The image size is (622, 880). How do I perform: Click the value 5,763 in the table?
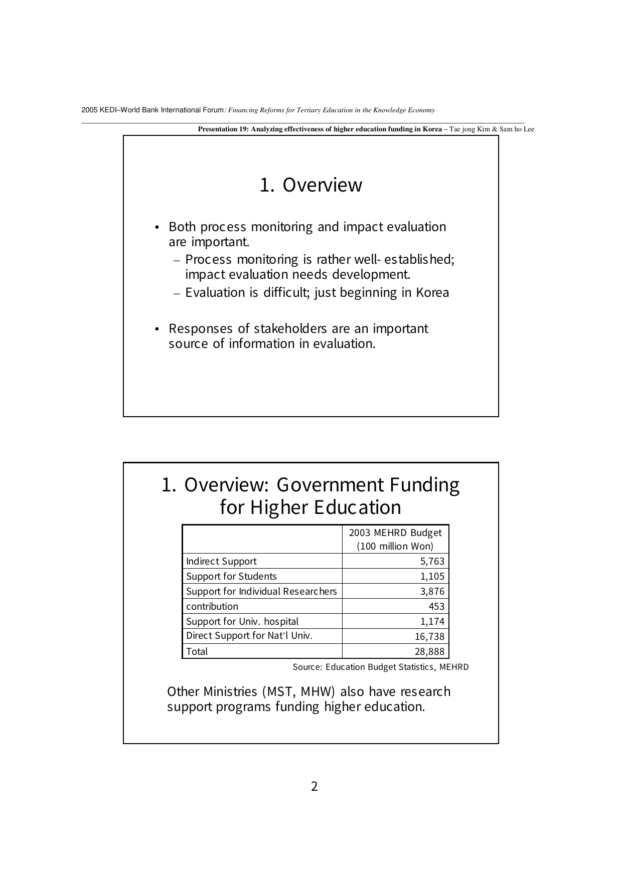432,562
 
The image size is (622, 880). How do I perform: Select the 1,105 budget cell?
432,577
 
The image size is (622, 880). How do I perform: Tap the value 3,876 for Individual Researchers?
432,592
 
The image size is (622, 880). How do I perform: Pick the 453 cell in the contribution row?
436,607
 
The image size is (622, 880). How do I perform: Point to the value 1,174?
432,622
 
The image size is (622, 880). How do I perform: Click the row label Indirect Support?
221,562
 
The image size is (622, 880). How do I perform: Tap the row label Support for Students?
231,577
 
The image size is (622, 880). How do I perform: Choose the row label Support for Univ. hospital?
242,622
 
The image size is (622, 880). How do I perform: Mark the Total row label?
197,652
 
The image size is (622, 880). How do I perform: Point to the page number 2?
315,786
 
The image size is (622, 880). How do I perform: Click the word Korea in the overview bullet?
432,293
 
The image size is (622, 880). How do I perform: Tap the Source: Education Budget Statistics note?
381,667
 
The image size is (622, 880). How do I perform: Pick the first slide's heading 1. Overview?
311,185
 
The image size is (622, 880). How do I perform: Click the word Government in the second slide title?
330,485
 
